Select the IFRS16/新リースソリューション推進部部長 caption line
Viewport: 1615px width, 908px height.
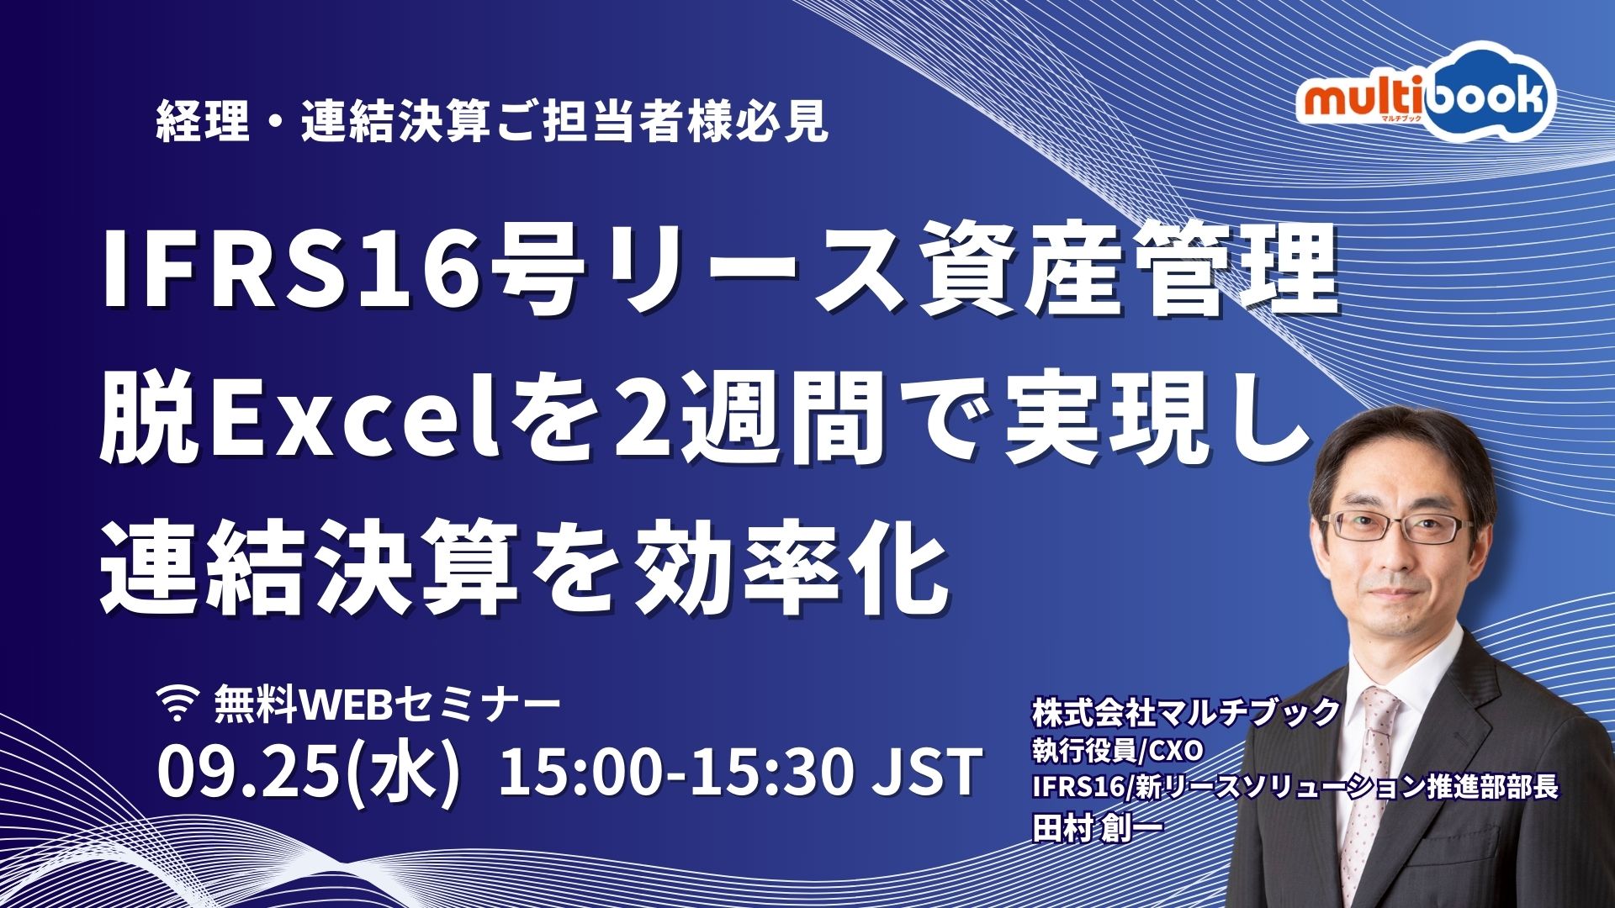coord(1295,787)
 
